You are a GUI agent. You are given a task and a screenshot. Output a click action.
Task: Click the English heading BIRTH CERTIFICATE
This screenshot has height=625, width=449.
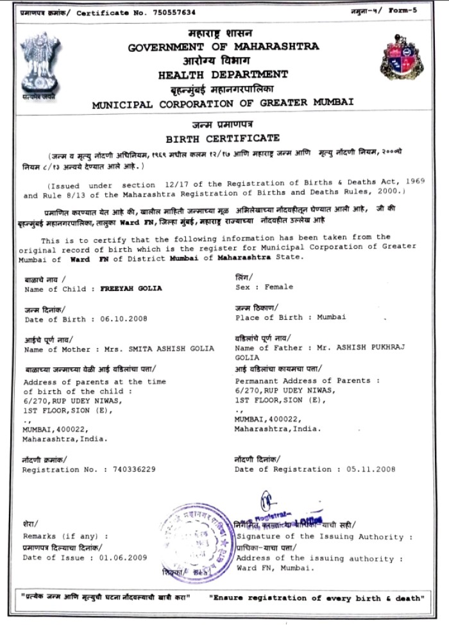(223, 138)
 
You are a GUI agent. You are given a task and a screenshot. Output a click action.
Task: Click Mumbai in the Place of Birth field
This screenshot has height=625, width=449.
(332, 317)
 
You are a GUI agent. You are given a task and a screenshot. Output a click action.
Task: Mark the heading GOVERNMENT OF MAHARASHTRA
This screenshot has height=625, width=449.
(223, 47)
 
